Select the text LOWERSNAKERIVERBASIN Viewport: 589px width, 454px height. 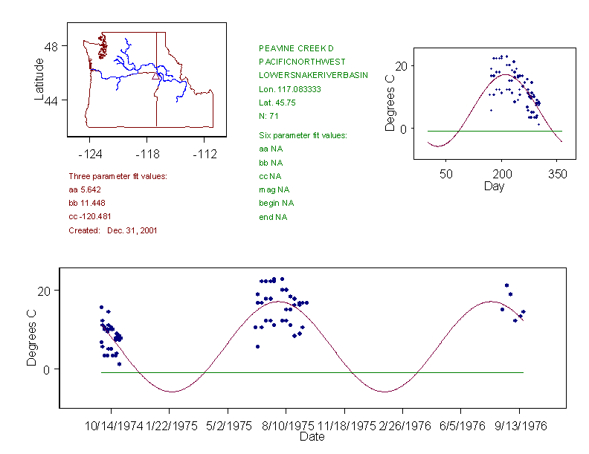313,76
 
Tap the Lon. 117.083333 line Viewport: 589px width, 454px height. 289,89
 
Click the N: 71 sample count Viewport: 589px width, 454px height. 268,116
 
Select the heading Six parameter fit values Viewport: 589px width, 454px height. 303,135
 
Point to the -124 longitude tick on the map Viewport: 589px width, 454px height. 89,154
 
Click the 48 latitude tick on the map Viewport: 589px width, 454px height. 51,46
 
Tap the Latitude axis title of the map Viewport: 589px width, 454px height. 39,79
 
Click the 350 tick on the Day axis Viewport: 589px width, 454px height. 558,174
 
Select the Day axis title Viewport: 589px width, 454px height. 494,186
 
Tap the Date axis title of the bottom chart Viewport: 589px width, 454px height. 312,437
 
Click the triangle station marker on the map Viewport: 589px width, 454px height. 155,75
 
